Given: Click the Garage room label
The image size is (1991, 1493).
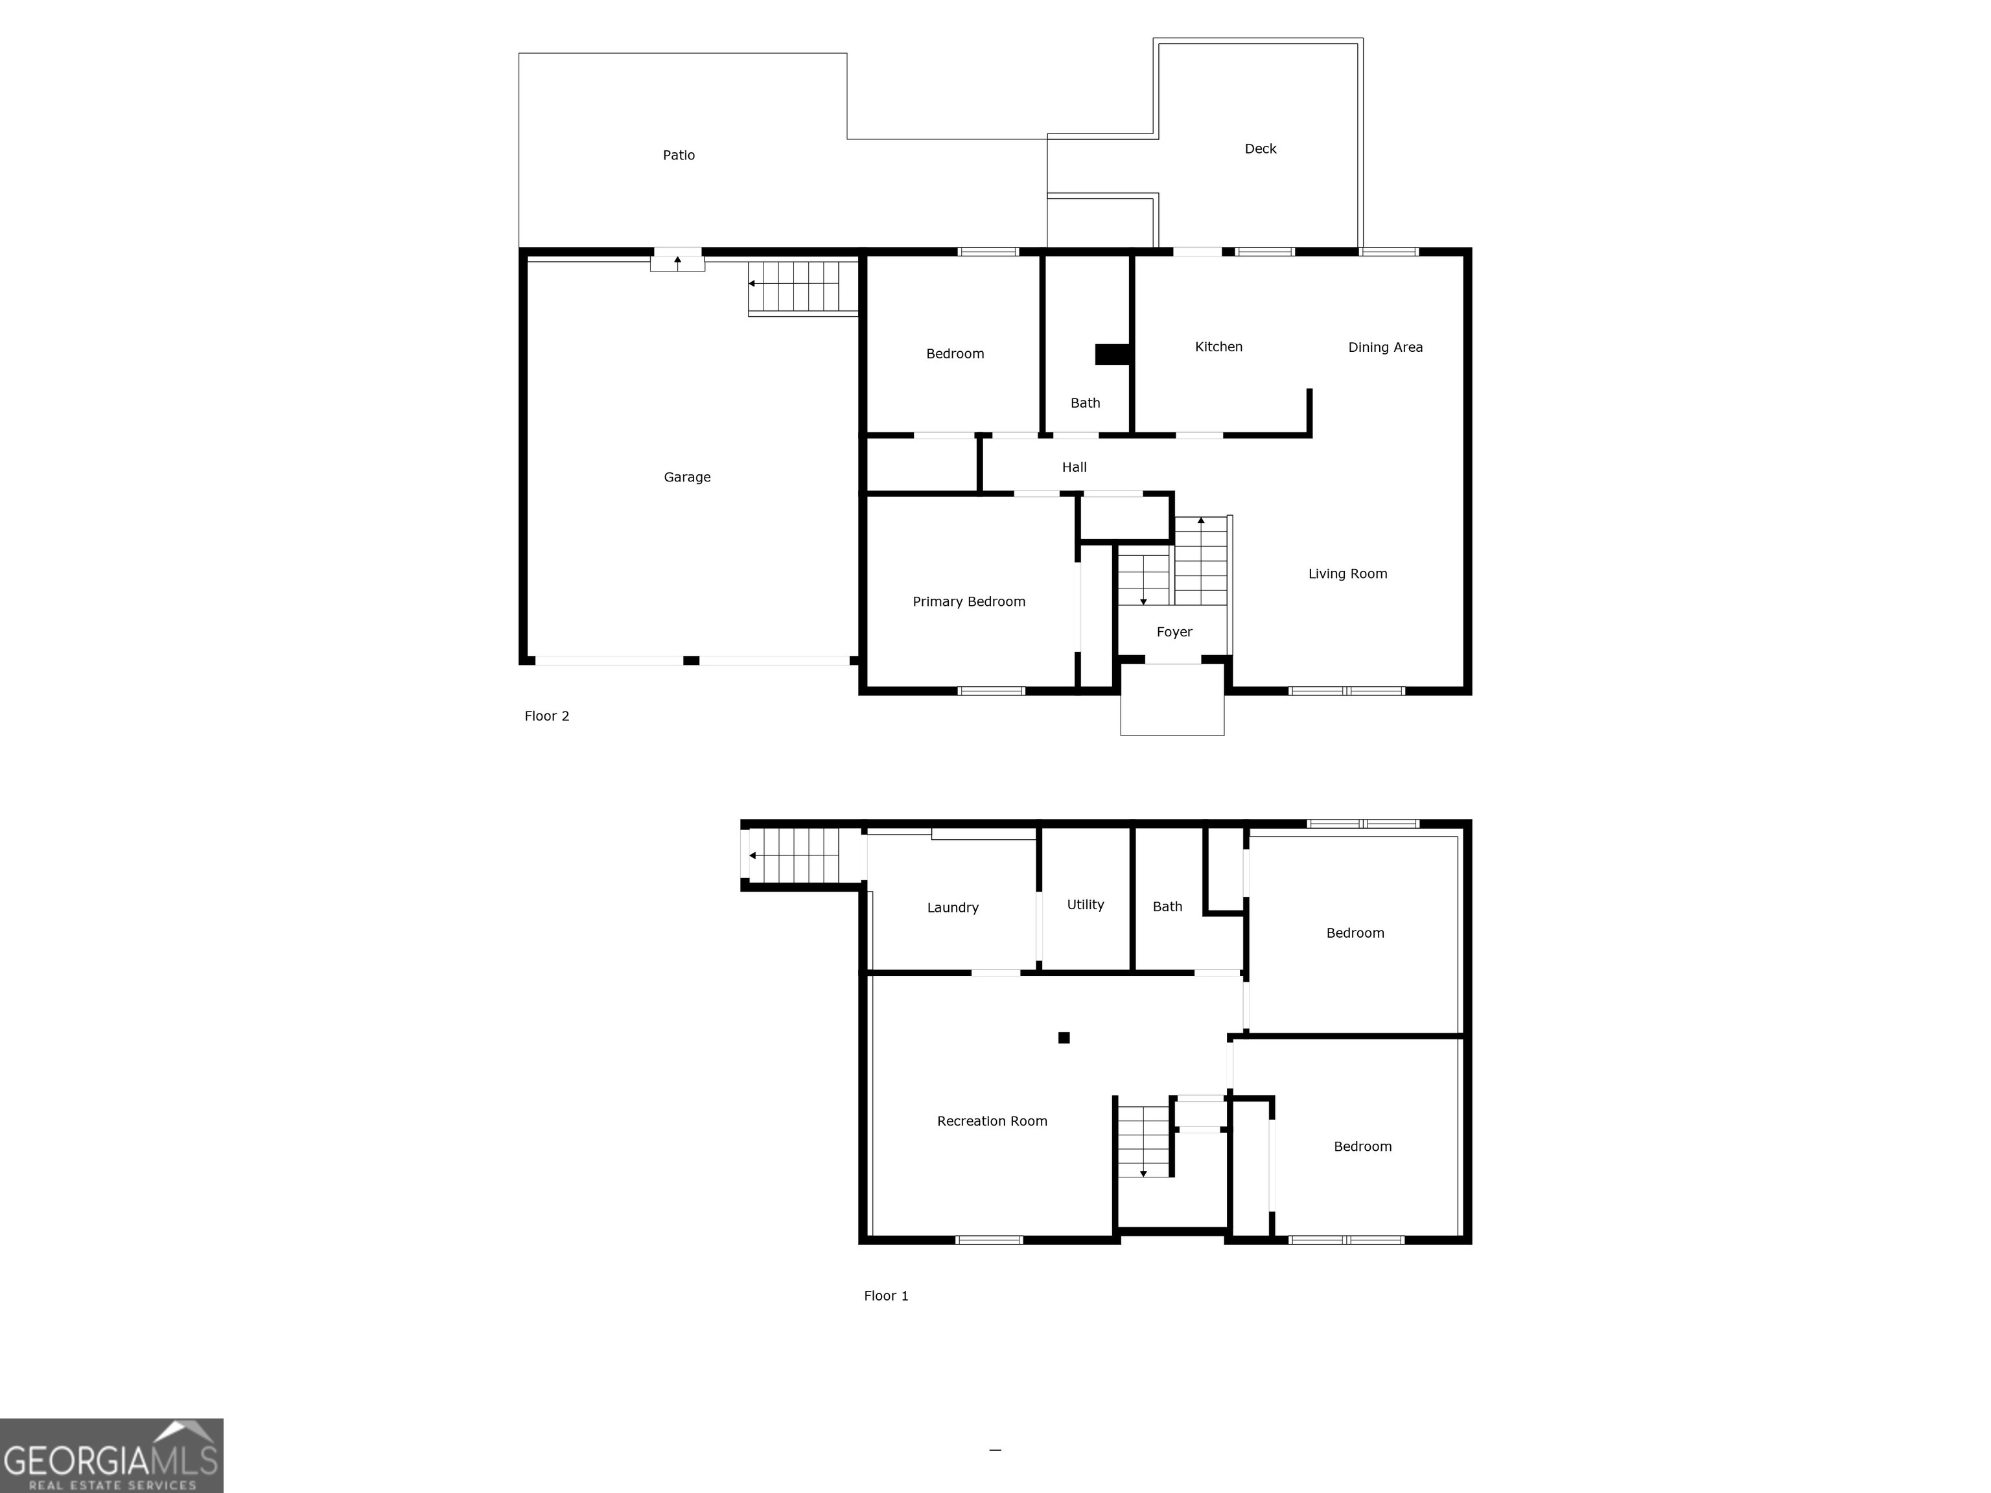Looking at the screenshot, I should [687, 477].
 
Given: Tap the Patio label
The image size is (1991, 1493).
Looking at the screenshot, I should [679, 155].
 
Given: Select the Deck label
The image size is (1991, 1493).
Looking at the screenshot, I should [1260, 148].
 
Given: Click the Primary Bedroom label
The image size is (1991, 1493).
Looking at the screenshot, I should [968, 601].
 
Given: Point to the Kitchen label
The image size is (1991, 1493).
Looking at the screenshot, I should [1218, 347].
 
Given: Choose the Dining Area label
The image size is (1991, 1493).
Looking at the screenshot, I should [1384, 347].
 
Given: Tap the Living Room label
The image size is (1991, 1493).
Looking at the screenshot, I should [1347, 573].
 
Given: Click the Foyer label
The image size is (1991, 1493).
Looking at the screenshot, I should [1174, 632].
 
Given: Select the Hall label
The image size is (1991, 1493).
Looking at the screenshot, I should [1074, 467].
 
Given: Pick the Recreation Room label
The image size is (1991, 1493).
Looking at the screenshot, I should [992, 1120].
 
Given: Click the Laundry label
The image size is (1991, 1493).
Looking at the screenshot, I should [952, 907].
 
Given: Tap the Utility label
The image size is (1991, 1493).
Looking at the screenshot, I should [1084, 905].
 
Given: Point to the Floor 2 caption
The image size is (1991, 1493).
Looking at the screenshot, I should [546, 715].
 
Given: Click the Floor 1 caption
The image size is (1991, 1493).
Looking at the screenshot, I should [886, 1295].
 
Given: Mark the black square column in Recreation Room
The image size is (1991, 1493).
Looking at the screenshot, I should [1064, 1037].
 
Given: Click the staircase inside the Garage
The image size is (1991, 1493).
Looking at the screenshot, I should [801, 286].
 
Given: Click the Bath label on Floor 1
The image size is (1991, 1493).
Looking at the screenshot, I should [1167, 907].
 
